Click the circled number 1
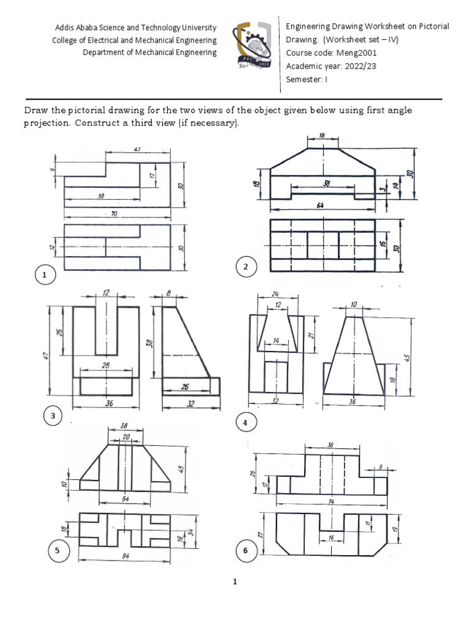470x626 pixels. coord(44,276)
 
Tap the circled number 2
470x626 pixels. coord(245,267)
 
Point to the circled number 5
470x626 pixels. coord(57,551)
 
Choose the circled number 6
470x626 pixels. coord(245,551)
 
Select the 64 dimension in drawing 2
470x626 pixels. coord(320,205)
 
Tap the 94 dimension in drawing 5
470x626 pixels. coord(125,556)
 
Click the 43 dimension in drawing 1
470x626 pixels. coord(137,150)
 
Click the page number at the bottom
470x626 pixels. coord(234,582)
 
